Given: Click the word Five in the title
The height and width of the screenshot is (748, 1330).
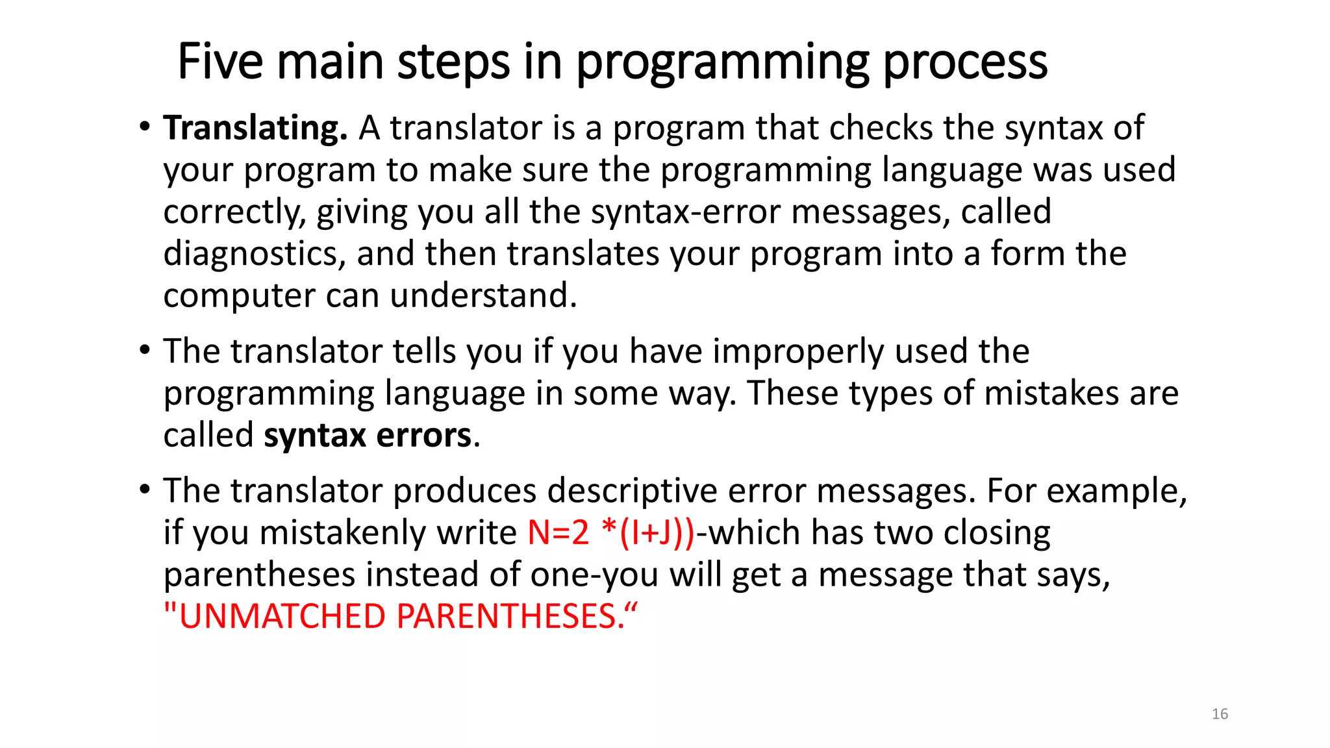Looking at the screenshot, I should point(220,62).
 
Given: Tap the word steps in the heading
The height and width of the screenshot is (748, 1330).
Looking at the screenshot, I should point(453,63).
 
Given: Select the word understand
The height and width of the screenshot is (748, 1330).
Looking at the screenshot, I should point(483,295).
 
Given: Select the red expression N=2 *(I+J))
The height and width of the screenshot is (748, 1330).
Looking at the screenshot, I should point(611,533).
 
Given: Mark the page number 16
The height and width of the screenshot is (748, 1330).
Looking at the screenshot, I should point(1220,714).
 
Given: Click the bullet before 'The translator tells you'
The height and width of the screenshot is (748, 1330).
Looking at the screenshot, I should point(145,351).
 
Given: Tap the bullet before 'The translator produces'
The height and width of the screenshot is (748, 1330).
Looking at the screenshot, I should point(145,490).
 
